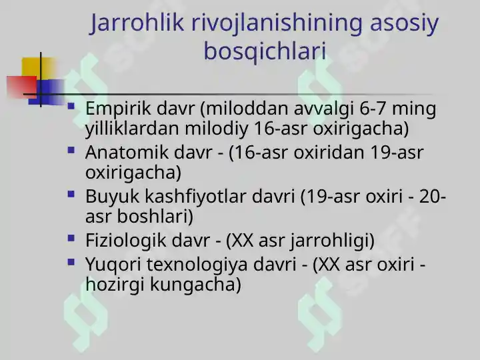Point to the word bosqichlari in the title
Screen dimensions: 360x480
click(x=265, y=51)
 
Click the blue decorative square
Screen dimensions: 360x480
click(x=50, y=90)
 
